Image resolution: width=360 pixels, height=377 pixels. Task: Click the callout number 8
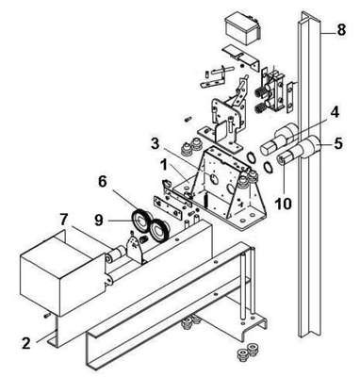click(x=340, y=30)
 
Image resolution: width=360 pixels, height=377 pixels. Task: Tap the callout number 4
click(x=335, y=112)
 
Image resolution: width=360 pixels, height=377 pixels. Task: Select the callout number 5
click(x=338, y=143)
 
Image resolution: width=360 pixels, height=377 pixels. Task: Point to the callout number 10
click(x=284, y=204)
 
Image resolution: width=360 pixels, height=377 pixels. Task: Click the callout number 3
click(x=155, y=144)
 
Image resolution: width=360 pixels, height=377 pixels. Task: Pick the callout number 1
click(x=163, y=165)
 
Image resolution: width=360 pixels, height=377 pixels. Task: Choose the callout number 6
click(x=103, y=183)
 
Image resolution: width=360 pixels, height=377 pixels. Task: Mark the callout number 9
click(x=99, y=220)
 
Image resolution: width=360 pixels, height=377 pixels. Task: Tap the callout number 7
click(x=64, y=220)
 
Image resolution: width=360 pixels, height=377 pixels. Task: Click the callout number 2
click(x=26, y=343)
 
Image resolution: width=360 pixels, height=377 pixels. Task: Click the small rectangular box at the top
click(x=241, y=29)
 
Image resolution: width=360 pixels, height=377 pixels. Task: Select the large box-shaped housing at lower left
click(x=62, y=272)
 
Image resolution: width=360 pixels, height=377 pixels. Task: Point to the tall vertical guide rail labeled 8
click(x=310, y=174)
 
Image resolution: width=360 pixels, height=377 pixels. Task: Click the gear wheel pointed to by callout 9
click(x=141, y=221)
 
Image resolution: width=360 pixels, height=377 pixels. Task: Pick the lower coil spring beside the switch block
click(x=259, y=109)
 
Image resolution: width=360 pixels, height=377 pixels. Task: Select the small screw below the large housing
click(x=47, y=315)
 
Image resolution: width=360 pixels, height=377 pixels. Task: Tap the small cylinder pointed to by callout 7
click(x=116, y=254)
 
